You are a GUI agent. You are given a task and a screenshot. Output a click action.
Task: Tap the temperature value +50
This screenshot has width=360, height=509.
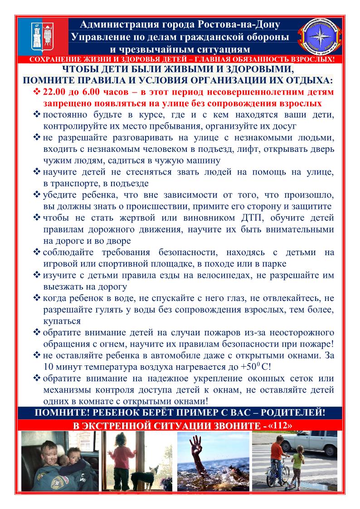[x=243, y=367]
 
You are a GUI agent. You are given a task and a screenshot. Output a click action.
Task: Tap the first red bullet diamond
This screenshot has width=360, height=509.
[x=37, y=92]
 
